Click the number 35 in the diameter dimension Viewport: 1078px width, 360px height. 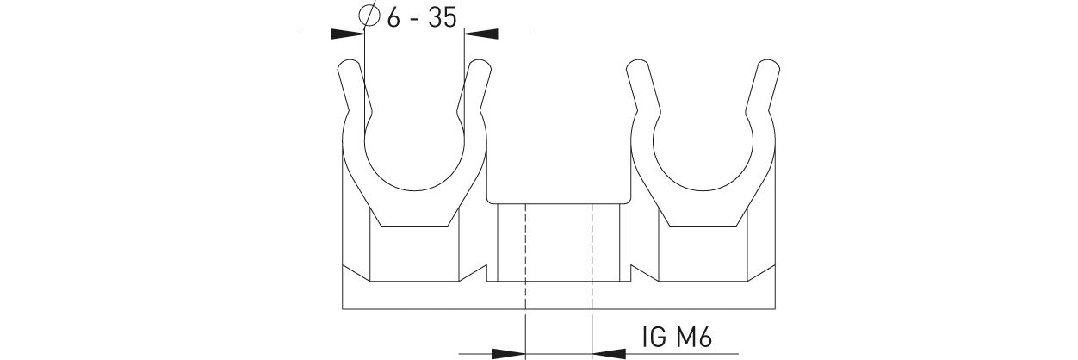coord(443,18)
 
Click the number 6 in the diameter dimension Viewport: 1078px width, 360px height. coord(393,18)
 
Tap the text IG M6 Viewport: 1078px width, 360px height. coord(677,337)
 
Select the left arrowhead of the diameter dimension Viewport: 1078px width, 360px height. coord(348,34)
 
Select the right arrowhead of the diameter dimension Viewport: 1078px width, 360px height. coord(480,34)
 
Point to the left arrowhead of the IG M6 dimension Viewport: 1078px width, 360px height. coord(508,353)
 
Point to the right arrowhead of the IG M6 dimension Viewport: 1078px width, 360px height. coord(609,353)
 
